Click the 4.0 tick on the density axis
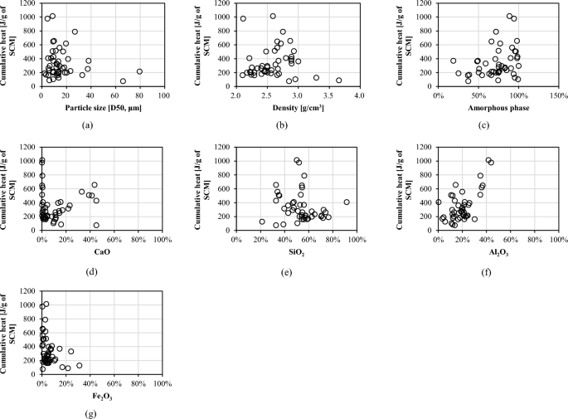(x=359, y=96)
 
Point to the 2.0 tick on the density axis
(x=235, y=96)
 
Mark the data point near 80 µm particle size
(x=139, y=71)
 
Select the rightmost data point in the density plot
(x=338, y=80)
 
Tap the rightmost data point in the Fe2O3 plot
(x=80, y=365)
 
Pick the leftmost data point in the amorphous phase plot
(x=454, y=61)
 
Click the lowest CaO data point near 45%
(x=96, y=225)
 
